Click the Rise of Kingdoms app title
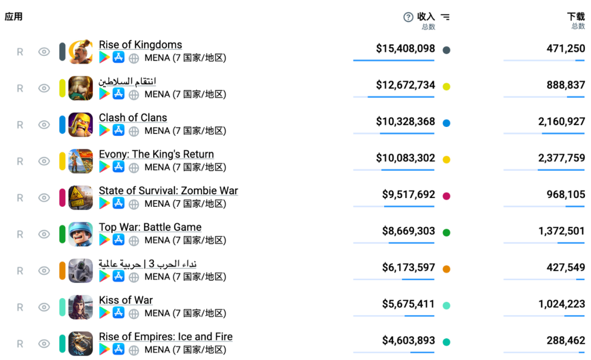point(140,45)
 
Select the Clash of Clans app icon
point(80,125)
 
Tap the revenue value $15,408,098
point(405,49)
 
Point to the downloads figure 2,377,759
point(561,158)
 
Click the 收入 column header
point(426,17)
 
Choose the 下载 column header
point(576,17)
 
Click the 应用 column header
point(14,17)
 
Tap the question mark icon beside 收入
point(408,17)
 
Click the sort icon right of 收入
point(445,17)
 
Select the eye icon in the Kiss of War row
point(44,307)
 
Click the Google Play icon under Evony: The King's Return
point(104,167)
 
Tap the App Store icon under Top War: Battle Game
point(119,240)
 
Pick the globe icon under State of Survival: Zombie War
point(134,204)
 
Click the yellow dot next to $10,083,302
point(447,160)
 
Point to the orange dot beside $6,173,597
point(447,269)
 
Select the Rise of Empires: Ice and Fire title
point(165,336)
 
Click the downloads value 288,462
point(565,340)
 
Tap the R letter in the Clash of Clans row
point(20,125)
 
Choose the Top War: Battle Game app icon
point(80,234)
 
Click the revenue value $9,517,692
point(408,194)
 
